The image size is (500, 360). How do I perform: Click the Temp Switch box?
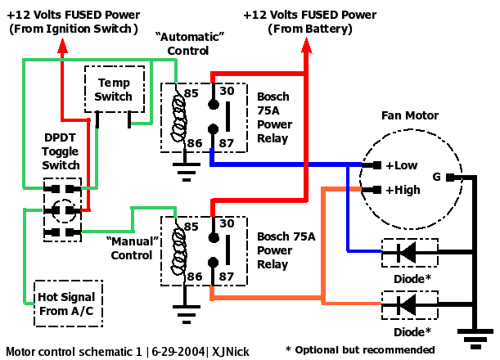point(114,90)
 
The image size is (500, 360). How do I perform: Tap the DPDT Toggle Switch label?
point(61,153)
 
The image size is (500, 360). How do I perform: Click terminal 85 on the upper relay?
point(191,93)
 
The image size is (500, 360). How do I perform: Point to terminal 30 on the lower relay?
point(228,223)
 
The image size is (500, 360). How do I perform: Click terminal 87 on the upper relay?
point(228,142)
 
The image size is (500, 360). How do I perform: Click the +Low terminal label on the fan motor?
point(401,165)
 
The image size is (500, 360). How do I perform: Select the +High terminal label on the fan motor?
point(402,190)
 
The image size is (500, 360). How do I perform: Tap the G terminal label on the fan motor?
point(437,177)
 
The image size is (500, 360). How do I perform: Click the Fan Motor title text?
point(410,116)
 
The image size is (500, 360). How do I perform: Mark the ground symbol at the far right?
point(473,336)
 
